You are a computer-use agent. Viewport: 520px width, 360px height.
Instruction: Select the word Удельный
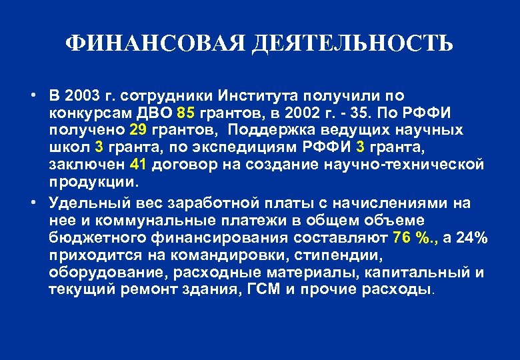(81, 203)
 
